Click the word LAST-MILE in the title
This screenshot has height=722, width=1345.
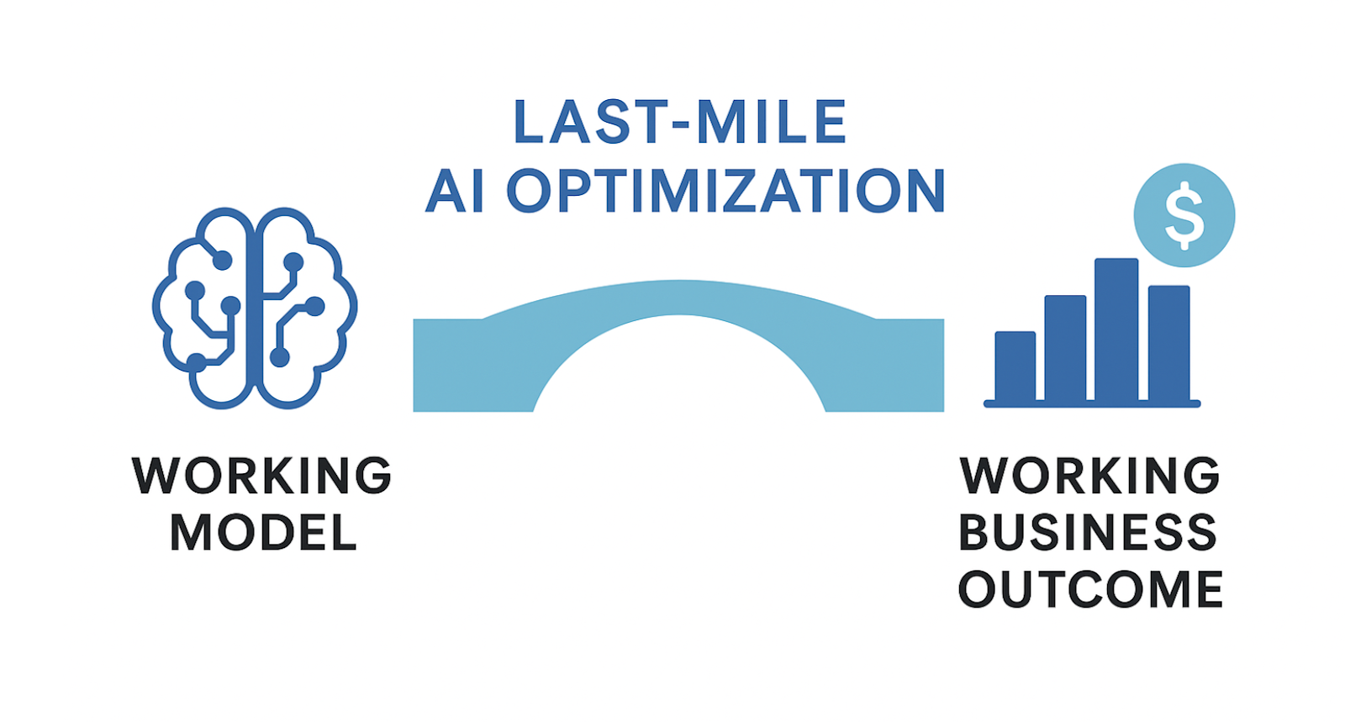coord(680,122)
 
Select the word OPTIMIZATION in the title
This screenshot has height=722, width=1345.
coord(726,190)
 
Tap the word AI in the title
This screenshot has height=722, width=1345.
coord(455,190)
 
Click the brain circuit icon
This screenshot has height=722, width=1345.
coord(255,308)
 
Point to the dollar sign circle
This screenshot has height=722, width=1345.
coord(1184,215)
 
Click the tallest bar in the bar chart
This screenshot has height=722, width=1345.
coord(1116,329)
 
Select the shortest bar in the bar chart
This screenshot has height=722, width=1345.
coord(1015,366)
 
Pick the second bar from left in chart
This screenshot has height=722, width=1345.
coord(1065,348)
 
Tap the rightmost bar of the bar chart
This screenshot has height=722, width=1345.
coord(1169,343)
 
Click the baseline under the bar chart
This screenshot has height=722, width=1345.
coord(1092,404)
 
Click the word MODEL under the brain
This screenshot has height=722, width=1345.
coord(264,532)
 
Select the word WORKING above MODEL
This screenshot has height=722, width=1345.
coord(261,476)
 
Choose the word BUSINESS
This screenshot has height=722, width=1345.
coord(1088,532)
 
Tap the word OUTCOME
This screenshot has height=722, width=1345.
coord(1090,589)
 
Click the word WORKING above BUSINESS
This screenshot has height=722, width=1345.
coord(1089,476)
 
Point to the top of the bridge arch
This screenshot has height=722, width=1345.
coord(678,297)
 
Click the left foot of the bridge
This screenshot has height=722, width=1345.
coord(473,365)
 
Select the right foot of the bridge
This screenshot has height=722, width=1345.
coord(884,365)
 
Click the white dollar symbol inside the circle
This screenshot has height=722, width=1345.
coord(1184,215)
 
